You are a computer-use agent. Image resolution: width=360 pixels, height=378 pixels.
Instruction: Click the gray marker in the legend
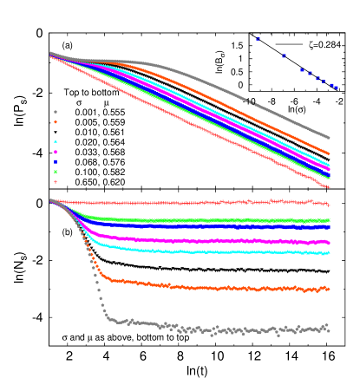click(x=56, y=112)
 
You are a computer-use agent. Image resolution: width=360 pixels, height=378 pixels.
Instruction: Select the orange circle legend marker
click(x=56, y=122)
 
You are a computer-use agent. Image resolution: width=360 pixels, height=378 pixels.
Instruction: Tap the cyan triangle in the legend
click(x=56, y=141)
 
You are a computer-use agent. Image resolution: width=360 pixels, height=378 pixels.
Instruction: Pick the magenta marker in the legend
click(x=56, y=152)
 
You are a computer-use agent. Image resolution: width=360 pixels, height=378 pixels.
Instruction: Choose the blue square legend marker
click(x=56, y=161)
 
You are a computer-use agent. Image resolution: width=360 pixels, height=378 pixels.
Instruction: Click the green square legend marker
click(x=56, y=172)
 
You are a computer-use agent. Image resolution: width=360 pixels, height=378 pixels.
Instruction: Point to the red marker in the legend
click(x=56, y=181)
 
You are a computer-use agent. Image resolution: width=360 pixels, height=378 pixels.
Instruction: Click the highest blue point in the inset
click(x=258, y=39)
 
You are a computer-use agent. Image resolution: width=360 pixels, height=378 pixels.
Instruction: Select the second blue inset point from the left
click(x=284, y=55)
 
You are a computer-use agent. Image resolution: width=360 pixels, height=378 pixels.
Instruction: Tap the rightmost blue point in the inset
click(x=336, y=87)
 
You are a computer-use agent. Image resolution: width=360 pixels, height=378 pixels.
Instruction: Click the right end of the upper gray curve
click(x=329, y=137)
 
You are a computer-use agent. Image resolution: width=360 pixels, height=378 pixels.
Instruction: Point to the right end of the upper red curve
click(x=329, y=186)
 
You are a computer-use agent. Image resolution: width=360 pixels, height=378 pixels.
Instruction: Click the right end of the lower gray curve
click(x=328, y=328)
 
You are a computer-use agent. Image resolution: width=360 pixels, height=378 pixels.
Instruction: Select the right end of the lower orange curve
click(x=328, y=288)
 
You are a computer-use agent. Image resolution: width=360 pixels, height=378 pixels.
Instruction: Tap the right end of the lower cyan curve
click(x=328, y=253)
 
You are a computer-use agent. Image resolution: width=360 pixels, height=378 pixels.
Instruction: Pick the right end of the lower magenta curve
click(x=328, y=243)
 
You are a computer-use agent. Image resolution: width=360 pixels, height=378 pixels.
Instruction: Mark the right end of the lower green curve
click(x=328, y=220)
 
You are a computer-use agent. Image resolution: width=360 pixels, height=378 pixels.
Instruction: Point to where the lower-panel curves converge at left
click(x=51, y=200)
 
